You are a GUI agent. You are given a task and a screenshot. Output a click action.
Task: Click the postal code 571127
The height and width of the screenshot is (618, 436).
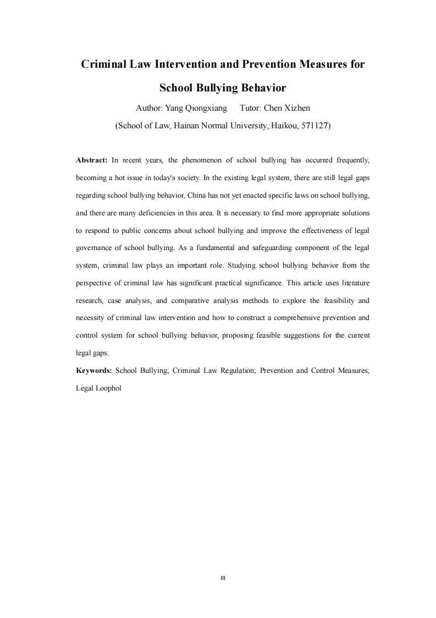coord(313,126)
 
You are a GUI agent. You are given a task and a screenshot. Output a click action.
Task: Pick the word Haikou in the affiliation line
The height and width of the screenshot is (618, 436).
coord(283,126)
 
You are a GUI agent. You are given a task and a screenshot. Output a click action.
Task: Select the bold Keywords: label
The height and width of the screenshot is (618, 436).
coord(94,371)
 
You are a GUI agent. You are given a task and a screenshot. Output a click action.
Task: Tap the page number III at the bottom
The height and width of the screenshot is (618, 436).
coord(223,578)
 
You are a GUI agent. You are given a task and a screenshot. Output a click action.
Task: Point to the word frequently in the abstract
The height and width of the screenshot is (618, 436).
coord(351,160)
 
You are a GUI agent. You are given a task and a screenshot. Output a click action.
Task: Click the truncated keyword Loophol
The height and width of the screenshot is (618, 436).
coord(108,388)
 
